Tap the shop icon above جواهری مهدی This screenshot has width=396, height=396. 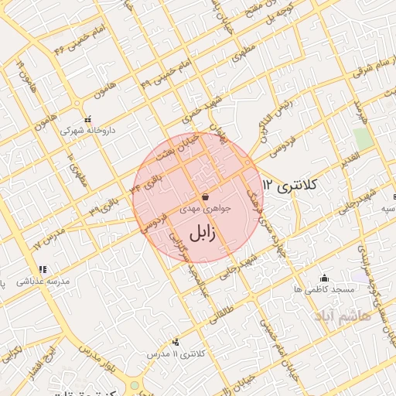click(x=204, y=196)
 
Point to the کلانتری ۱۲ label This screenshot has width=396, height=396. click(x=292, y=186)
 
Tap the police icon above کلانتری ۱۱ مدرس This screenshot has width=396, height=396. click(x=176, y=341)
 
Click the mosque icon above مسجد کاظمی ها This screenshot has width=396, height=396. click(x=324, y=278)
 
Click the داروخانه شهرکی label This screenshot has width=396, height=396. click(x=88, y=131)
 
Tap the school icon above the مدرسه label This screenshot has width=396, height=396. click(x=42, y=270)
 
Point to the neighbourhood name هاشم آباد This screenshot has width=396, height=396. click(x=343, y=316)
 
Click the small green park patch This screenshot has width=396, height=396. click(x=362, y=138)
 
